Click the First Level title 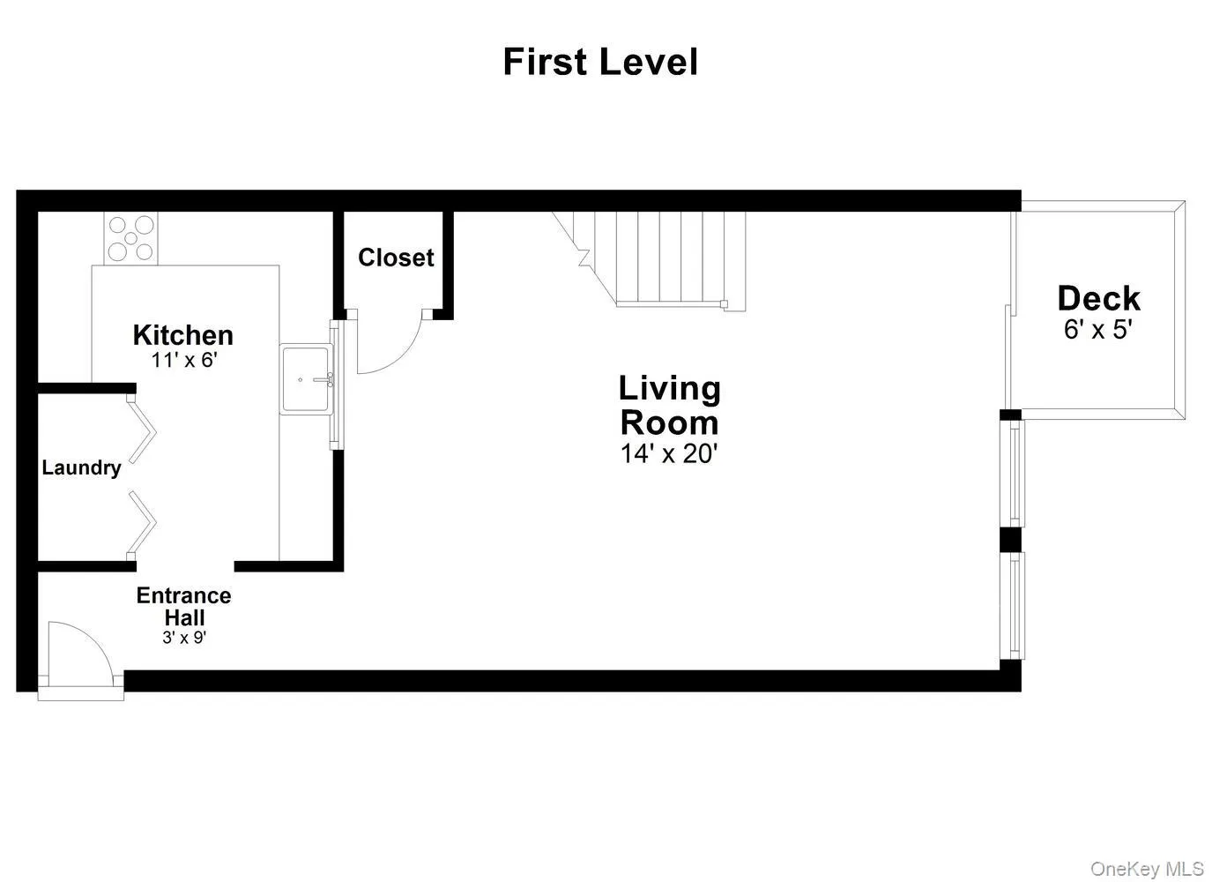click(600, 63)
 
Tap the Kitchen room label click(183, 335)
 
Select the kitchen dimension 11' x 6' click(183, 360)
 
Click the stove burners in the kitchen click(130, 238)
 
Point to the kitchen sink click(305, 379)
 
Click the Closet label click(396, 258)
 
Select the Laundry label click(81, 467)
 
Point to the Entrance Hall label click(183, 606)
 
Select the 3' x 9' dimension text click(183, 638)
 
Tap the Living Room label click(669, 405)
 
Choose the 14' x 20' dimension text click(669, 454)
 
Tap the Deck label click(1098, 298)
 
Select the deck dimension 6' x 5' click(1098, 330)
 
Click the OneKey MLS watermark click(1146, 869)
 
